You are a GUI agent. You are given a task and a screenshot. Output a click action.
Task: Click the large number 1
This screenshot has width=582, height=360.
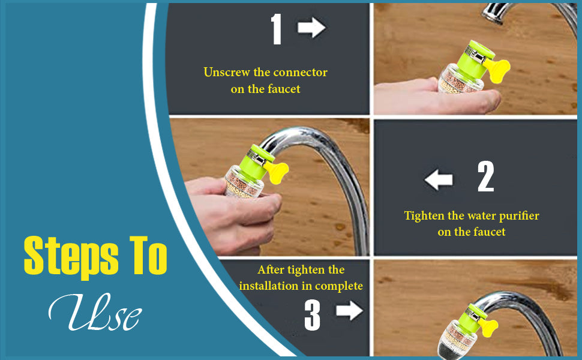[x=276, y=29]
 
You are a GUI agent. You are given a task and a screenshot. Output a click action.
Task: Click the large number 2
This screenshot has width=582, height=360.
[x=485, y=177]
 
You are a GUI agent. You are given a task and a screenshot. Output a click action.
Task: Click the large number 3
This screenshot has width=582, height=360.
[x=312, y=314]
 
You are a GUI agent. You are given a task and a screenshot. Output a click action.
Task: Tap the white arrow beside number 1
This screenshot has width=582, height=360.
[x=311, y=28]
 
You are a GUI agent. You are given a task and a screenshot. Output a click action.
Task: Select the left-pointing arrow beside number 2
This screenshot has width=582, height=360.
[x=438, y=179]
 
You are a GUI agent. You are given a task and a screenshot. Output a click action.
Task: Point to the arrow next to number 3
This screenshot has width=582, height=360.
[x=349, y=311]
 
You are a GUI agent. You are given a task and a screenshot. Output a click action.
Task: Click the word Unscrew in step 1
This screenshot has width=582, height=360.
[x=226, y=73]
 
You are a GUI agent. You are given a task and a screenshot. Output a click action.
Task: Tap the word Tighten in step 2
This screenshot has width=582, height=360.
[x=425, y=215]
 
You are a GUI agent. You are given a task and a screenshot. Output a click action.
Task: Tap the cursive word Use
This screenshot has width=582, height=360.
[x=96, y=313]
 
